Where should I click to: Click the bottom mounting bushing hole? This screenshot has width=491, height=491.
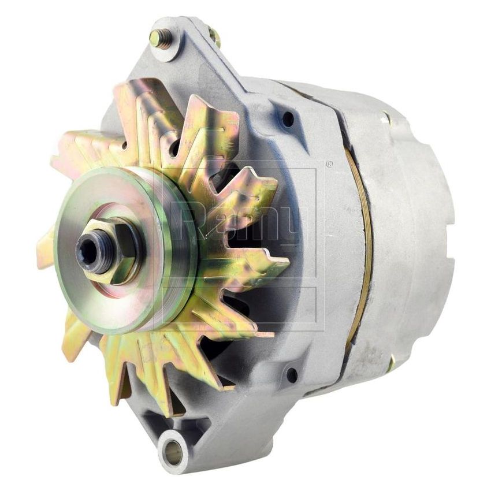(x=173, y=451)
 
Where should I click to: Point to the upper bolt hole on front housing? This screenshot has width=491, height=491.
(x=288, y=120)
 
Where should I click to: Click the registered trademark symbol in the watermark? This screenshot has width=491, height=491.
(x=330, y=164)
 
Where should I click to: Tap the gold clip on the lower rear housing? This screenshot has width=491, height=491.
(x=391, y=363)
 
